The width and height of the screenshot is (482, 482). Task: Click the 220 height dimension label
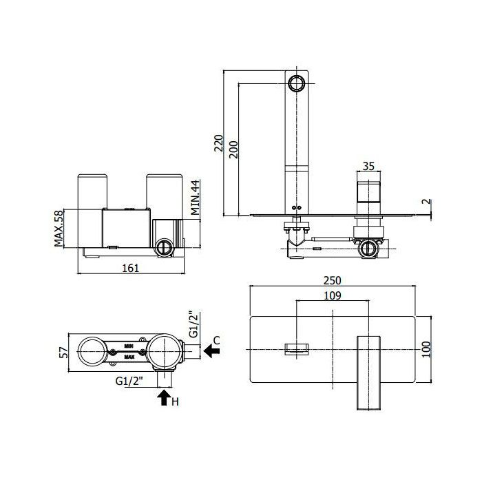pyautogui.click(x=219, y=143)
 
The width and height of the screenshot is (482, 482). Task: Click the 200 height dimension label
pyautogui.click(x=234, y=149)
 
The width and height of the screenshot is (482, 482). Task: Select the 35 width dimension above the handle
pyautogui.click(x=368, y=166)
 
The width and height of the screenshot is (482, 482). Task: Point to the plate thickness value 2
pyautogui.click(x=427, y=202)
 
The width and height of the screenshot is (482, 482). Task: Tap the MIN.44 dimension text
pyautogui.click(x=195, y=198)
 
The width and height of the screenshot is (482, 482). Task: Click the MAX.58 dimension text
pyautogui.click(x=59, y=229)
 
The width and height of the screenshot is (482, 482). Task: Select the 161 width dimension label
pyautogui.click(x=131, y=268)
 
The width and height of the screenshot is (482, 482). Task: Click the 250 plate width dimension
pyautogui.click(x=333, y=280)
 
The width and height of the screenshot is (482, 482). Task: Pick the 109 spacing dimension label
pyautogui.click(x=333, y=295)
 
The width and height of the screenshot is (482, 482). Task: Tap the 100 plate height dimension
pyautogui.click(x=426, y=349)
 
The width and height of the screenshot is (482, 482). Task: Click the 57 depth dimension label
pyautogui.click(x=63, y=353)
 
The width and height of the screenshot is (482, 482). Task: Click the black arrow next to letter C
pyautogui.click(x=211, y=350)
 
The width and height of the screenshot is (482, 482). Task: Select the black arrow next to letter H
pyautogui.click(x=164, y=398)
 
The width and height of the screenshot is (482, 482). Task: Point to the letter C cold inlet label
pyautogui.click(x=217, y=341)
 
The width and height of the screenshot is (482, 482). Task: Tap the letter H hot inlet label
pyautogui.click(x=175, y=401)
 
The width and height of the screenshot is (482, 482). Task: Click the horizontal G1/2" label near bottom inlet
pyautogui.click(x=129, y=381)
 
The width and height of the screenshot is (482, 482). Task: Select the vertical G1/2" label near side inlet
pyautogui.click(x=193, y=324)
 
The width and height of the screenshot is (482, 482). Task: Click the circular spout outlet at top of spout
pyautogui.click(x=297, y=83)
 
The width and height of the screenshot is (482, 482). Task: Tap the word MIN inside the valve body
pyautogui.click(x=129, y=346)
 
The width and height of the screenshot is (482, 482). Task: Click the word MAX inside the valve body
pyautogui.click(x=129, y=357)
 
